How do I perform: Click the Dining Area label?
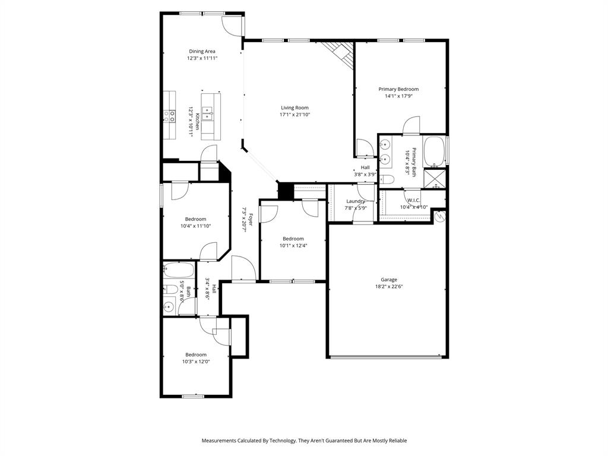pos(202,51)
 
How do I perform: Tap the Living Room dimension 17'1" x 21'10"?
pos(294,115)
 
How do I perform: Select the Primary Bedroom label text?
pos(398,89)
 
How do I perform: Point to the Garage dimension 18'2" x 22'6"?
pos(389,286)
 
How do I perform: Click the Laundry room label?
pos(356,201)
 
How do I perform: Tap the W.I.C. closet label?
pos(413,200)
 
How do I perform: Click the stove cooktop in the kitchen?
pos(170,116)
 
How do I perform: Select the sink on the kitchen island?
pos(208,110)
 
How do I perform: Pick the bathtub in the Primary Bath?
pos(434,151)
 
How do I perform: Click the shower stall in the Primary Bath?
pos(436,179)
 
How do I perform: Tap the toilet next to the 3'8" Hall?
pos(387,179)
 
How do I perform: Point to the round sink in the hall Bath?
pos(169,308)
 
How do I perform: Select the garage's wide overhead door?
pos(387,357)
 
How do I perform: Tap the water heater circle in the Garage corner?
pos(439,217)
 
